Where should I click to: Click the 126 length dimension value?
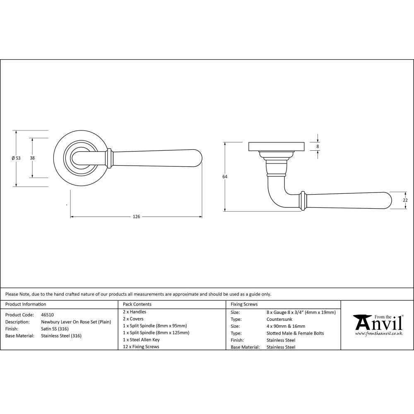136,217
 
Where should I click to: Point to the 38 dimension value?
32,158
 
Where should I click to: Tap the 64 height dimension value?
225,177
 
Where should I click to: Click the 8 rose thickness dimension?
318,146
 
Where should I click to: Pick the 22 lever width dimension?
405,200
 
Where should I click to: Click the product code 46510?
47,315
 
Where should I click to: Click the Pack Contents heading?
137,304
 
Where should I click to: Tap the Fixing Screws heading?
244,304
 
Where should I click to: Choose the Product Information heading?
26,304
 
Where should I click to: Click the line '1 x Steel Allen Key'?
141,339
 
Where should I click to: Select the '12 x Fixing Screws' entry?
141,347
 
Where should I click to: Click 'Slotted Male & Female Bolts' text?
295,333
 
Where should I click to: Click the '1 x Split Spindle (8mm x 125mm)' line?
156,332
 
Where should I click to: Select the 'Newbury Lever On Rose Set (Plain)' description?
76,322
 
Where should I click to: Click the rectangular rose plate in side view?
277,147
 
